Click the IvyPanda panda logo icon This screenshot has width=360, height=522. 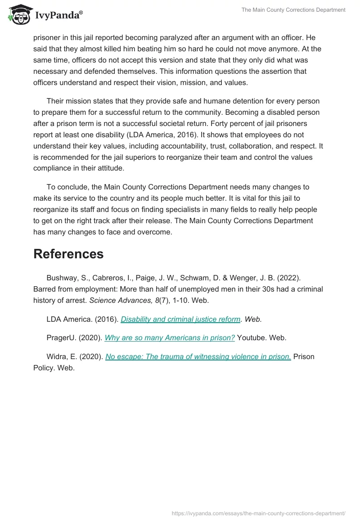pos(19,14)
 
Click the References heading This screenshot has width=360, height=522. pos(68,254)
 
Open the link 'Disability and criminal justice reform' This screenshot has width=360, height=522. pos(180,319)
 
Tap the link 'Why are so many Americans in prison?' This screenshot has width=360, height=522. pos(170,337)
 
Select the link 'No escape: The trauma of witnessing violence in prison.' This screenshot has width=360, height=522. pos(198,356)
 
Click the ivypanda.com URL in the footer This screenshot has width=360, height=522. pos(259,513)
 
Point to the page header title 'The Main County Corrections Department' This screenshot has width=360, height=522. pos(293,10)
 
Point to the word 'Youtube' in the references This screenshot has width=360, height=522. pos(251,337)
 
